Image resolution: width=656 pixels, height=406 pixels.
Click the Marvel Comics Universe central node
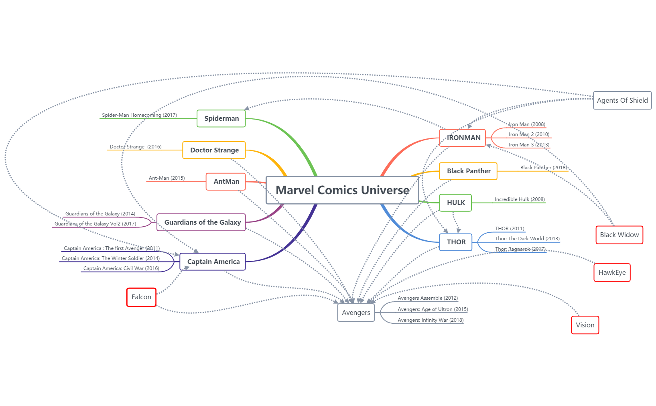342,190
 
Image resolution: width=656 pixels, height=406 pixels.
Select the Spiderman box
221,118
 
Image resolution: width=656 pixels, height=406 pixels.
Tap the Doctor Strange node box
214,150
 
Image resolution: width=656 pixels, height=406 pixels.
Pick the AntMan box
226,181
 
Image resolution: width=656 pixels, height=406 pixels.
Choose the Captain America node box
213,262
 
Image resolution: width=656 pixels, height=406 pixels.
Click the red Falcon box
141,297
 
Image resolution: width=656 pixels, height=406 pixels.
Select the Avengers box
356,313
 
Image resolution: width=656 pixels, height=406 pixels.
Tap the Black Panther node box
468,171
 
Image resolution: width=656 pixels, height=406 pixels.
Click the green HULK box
455,203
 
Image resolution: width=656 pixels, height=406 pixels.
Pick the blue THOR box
456,242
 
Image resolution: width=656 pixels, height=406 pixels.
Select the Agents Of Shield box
622,100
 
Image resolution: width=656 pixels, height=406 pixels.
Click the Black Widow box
619,235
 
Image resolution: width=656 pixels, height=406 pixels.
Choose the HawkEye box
612,272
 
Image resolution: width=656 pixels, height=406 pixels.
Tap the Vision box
585,325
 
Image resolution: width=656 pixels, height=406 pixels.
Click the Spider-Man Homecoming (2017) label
139,115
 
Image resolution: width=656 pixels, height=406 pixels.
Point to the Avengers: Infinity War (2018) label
430,320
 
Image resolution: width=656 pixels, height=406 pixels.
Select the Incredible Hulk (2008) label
520,199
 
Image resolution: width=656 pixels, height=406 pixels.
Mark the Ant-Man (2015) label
167,178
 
